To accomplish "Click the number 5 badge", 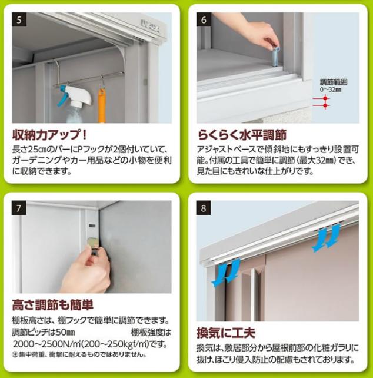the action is [x=19, y=19].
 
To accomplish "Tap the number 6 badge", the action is [x=204, y=19].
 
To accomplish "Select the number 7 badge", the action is [x=19, y=208].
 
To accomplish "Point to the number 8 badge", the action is [x=204, y=208].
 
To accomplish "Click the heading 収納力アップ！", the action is [x=49, y=134].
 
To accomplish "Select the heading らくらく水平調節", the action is [x=242, y=134].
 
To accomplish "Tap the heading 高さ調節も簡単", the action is [x=53, y=305].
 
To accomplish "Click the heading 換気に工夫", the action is [x=226, y=333].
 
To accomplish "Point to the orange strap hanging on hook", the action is [x=102, y=105].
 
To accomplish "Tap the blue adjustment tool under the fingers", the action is [x=275, y=57].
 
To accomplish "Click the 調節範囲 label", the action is [x=334, y=82].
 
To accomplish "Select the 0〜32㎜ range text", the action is [x=331, y=89].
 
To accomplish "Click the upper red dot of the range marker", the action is [x=325, y=98].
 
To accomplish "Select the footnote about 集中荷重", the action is [x=79, y=354].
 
